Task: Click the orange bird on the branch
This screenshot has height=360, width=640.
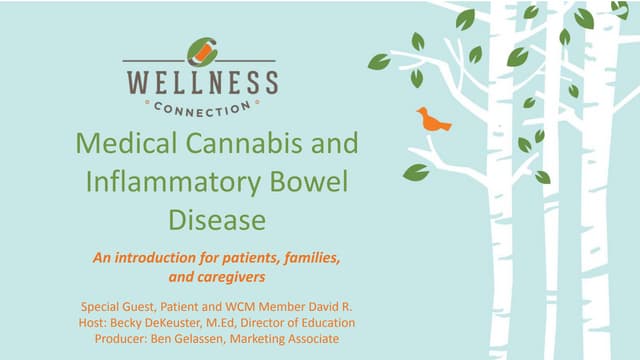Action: click(433, 120)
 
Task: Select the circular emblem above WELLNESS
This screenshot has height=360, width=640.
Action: click(201, 51)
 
